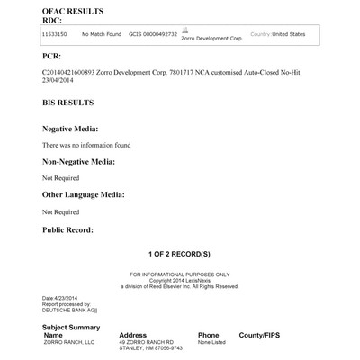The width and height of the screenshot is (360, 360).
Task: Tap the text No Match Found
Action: [101, 33]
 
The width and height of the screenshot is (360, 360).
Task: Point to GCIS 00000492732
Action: [152, 33]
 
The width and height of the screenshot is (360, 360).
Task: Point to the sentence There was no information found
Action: [87, 144]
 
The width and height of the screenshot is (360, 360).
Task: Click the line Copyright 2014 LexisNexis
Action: [180, 280]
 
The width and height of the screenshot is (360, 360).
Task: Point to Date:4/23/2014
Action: [62, 297]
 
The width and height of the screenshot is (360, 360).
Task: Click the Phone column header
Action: [208, 335]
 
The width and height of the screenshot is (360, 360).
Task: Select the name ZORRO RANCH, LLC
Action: [68, 343]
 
